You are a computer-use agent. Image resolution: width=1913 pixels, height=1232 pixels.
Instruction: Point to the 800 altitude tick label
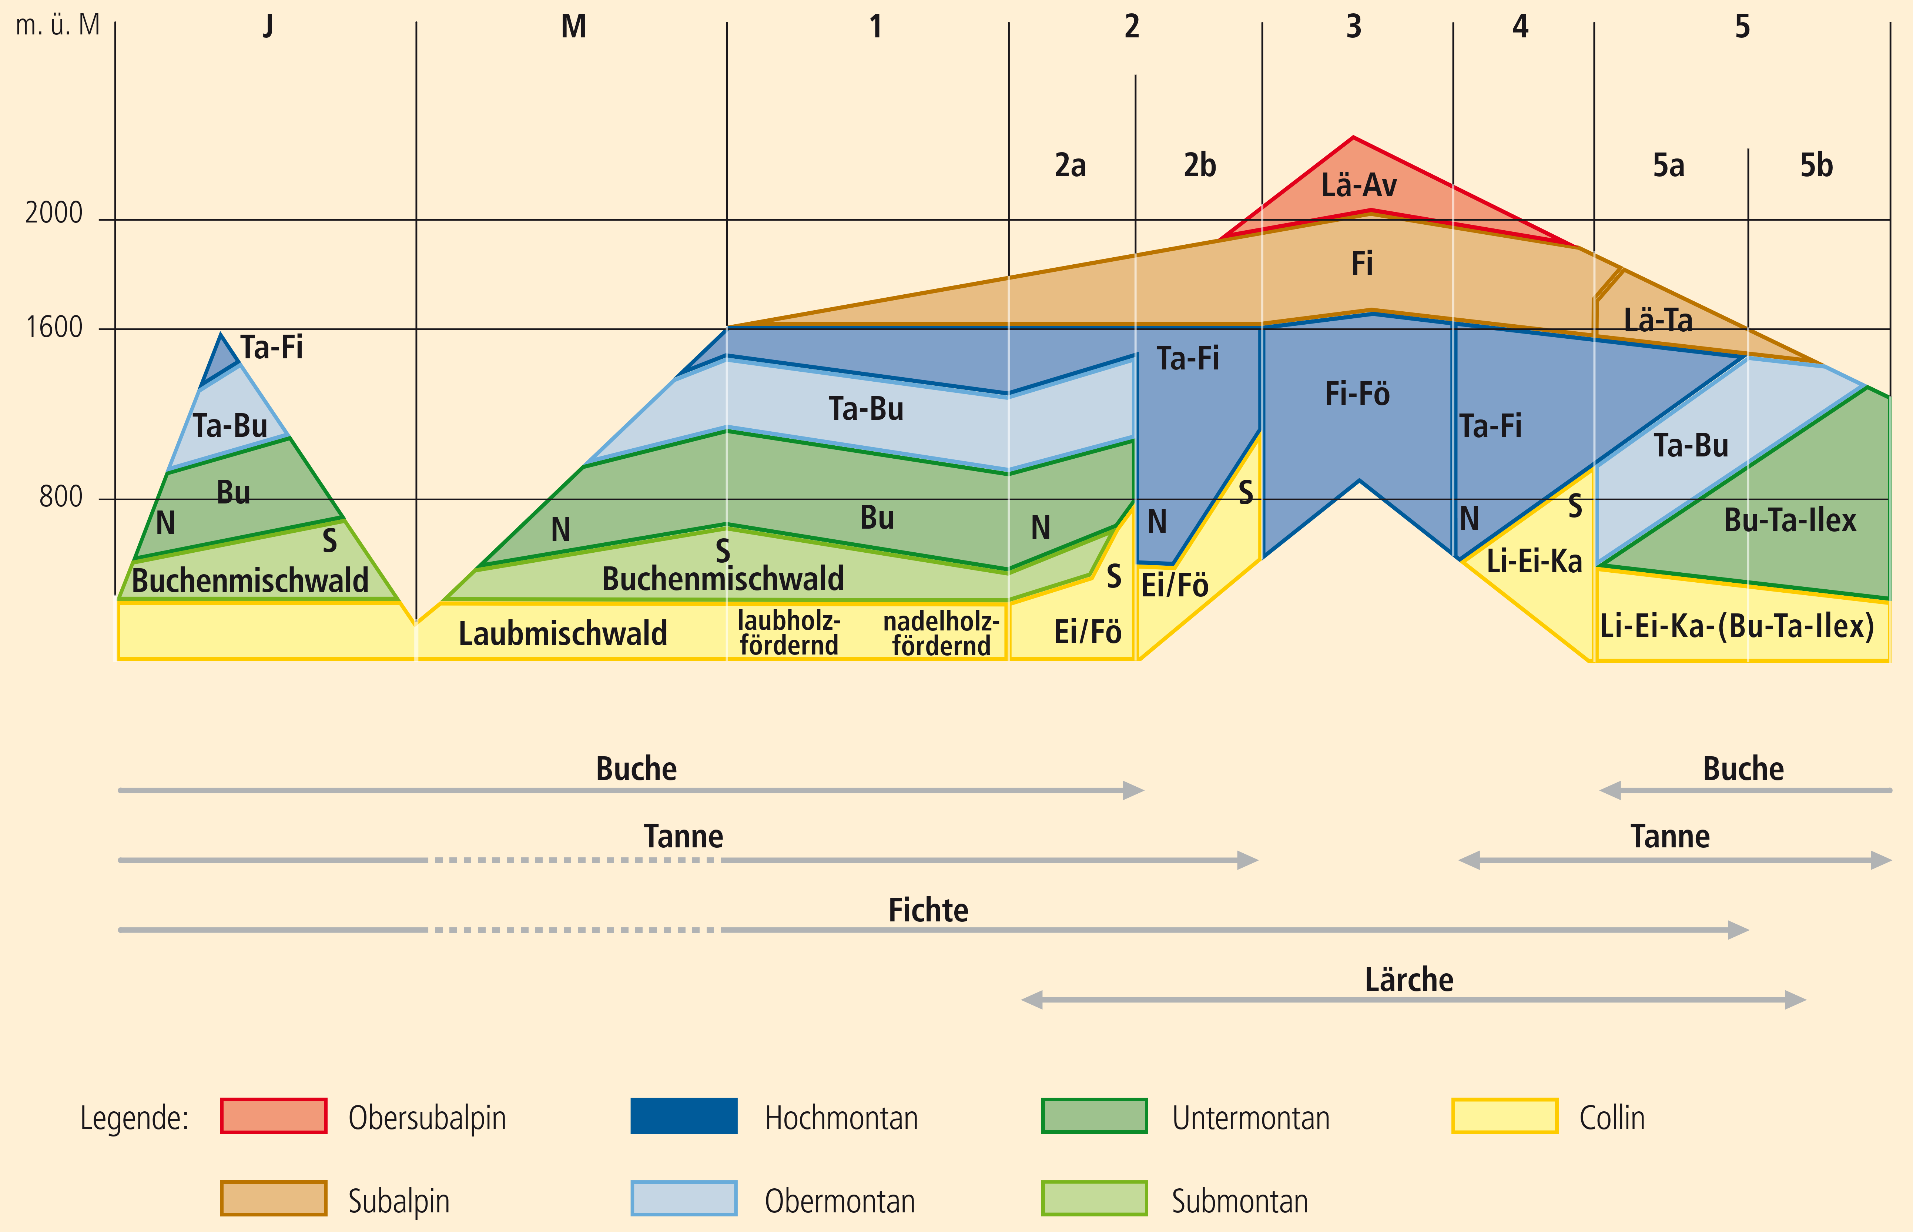tap(61, 498)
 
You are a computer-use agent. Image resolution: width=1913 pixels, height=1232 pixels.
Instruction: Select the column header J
tap(269, 26)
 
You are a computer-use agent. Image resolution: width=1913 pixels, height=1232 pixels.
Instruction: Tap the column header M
tap(573, 26)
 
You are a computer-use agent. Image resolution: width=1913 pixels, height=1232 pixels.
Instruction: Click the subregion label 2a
tap(1070, 165)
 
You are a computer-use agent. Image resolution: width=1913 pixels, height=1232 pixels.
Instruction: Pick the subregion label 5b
tap(1816, 165)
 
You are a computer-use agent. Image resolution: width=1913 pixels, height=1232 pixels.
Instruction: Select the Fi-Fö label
tap(1357, 394)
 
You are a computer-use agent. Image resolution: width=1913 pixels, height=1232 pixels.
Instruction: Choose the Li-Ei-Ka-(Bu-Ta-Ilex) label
tap(1737, 626)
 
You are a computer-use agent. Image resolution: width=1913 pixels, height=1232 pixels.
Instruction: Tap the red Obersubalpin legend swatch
tap(274, 1116)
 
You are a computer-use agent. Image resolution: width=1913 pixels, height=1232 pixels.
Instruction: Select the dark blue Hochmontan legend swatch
tap(684, 1116)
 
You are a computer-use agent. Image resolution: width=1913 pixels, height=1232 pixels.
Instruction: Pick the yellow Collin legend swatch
tap(1504, 1116)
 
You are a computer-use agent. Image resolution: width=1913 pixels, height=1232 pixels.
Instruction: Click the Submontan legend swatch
tap(1094, 1198)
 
